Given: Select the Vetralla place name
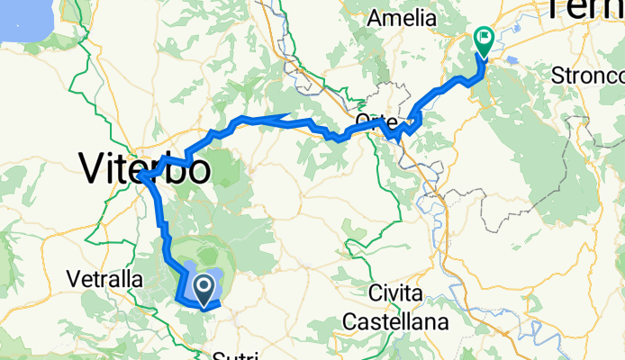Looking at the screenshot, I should click(x=104, y=280).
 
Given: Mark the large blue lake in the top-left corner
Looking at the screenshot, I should click(x=23, y=16).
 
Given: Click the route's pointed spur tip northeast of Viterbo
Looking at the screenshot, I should click(x=287, y=115).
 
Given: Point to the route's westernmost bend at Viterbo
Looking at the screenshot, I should click(x=141, y=176).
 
